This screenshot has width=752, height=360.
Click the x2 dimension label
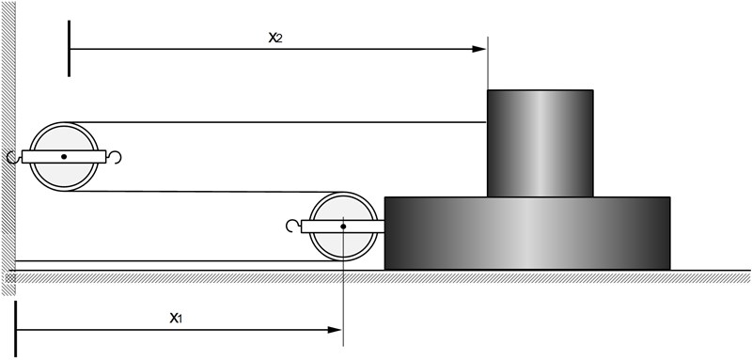(275, 39)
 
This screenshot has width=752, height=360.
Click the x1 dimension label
(176, 318)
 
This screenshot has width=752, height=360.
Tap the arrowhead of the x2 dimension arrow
(479, 49)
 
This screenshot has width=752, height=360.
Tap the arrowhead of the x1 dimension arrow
(335, 330)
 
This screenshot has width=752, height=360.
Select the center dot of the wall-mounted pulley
(64, 157)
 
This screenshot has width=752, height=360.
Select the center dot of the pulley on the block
(343, 227)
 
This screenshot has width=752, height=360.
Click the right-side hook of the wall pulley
(114, 157)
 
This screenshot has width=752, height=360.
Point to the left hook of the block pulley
(293, 226)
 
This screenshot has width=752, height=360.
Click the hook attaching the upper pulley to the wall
(14, 157)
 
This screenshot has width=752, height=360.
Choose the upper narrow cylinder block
(540, 143)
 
